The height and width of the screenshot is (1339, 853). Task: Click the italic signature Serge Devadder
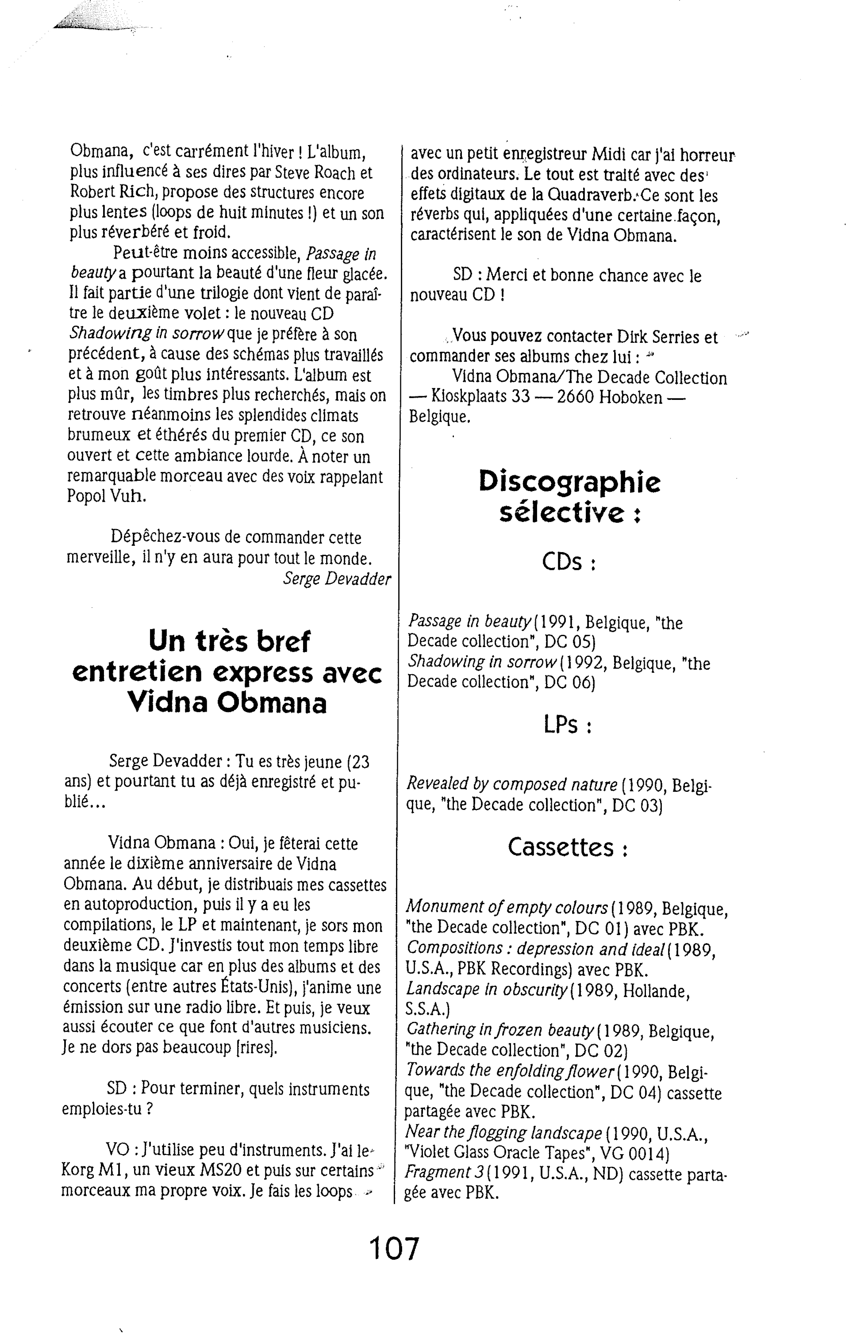tap(337, 579)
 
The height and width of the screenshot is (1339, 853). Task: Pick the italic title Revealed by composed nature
tap(512, 784)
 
